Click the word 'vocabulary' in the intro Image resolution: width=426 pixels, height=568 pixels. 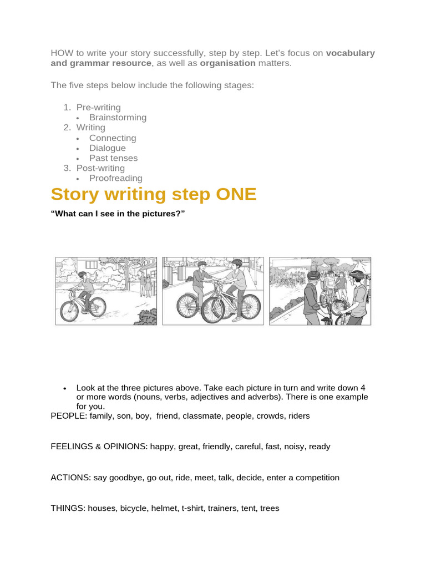pos(351,53)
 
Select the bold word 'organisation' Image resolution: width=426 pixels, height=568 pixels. pos(228,63)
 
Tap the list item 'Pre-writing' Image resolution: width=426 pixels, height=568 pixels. pos(98,107)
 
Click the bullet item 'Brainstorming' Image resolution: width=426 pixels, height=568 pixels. pos(118,117)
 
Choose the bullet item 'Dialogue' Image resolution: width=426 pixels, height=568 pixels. pos(107,148)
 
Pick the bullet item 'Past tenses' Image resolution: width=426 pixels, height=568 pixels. pos(113,158)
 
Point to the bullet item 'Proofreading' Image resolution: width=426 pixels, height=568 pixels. pos(115,178)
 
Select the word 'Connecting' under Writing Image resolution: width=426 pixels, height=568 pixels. pos(113,138)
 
